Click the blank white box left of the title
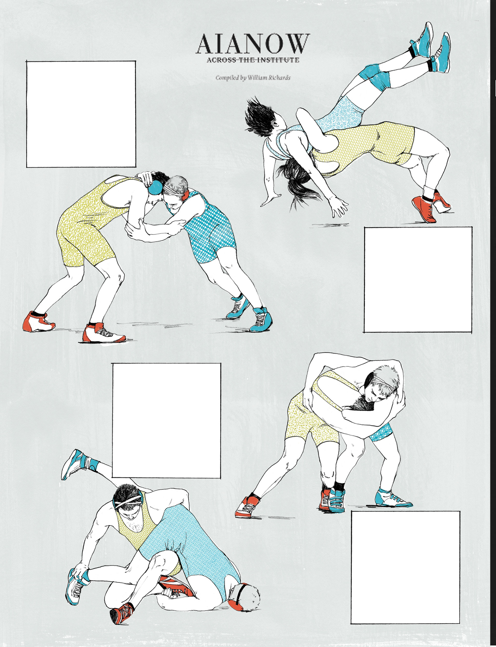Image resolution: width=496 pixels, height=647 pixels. [81, 114]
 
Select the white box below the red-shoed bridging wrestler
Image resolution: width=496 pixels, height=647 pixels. [418, 280]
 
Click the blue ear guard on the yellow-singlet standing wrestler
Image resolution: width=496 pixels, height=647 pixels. [155, 188]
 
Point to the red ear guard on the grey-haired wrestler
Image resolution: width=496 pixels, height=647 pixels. [185, 196]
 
